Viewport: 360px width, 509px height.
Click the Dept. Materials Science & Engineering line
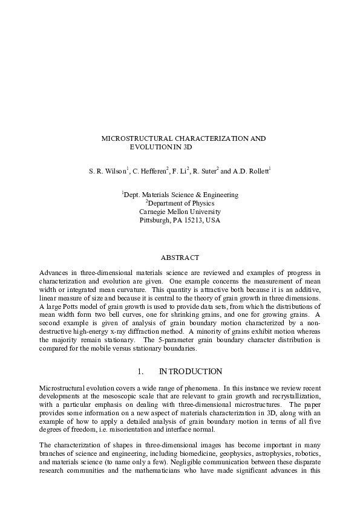click(x=180, y=195)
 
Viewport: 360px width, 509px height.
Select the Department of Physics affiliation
click(x=180, y=203)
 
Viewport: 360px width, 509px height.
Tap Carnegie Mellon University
click(x=180, y=212)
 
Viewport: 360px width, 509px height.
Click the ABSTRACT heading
click(x=180, y=258)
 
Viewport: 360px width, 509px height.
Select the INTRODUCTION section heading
click(x=191, y=371)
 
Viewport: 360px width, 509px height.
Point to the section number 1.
click(x=140, y=371)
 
